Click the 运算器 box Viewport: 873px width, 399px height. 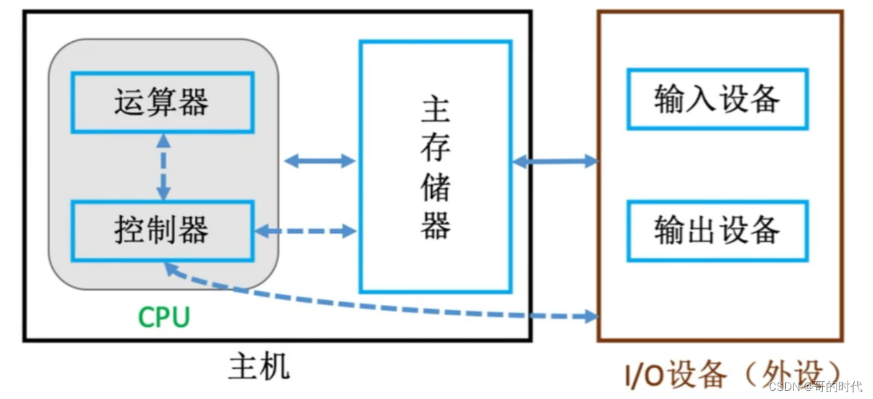pyautogui.click(x=162, y=102)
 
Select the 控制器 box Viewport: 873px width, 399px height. pyautogui.click(x=162, y=231)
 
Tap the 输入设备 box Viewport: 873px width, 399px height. pyautogui.click(x=717, y=99)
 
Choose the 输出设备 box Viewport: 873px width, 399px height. pyautogui.click(x=717, y=231)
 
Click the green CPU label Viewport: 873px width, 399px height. pyautogui.click(x=163, y=318)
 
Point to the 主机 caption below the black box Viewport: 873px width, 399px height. pyautogui.click(x=259, y=367)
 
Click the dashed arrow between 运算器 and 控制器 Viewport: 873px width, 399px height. pyautogui.click(x=163, y=166)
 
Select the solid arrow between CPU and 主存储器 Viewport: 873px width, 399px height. pyautogui.click(x=319, y=161)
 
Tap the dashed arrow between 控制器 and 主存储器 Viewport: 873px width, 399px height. pyautogui.click(x=306, y=231)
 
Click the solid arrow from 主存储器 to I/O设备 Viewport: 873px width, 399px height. pyautogui.click(x=555, y=161)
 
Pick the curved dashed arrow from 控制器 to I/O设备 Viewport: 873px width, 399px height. pyautogui.click(x=384, y=302)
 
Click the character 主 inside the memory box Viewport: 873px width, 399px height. pyautogui.click(x=435, y=109)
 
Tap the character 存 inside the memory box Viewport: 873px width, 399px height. pyautogui.click(x=435, y=147)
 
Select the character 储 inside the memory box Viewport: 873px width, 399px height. pyautogui.click(x=435, y=185)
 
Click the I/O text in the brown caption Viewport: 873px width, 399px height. pyautogui.click(x=649, y=375)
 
